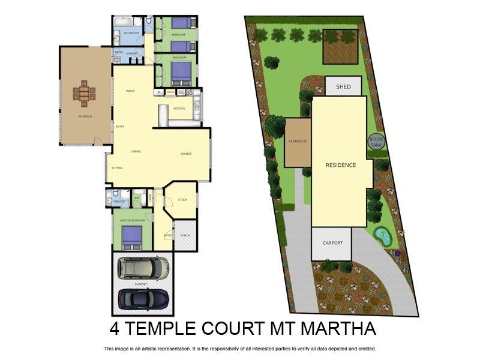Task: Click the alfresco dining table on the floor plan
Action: click(84, 93)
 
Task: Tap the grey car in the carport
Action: click(143, 268)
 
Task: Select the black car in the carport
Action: click(143, 298)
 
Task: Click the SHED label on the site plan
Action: click(343, 87)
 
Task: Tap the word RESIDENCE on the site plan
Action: click(341, 165)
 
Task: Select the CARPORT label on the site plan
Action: click(332, 243)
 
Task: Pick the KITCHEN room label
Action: click(179, 109)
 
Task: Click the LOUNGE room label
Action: click(186, 154)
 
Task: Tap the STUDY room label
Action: click(182, 200)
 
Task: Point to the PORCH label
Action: click(185, 235)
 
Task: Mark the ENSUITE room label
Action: click(119, 202)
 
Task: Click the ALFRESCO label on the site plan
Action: click(298, 141)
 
